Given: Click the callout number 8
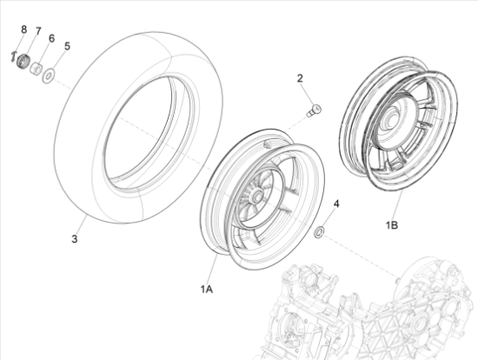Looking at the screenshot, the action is [24, 30].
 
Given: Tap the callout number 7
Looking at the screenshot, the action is [38, 31].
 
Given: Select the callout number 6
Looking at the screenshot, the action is [51, 38].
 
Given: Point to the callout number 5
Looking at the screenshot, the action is [67, 46].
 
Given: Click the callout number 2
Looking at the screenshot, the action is [300, 78].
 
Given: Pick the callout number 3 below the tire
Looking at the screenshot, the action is [75, 239].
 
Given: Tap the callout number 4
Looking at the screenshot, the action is [336, 203].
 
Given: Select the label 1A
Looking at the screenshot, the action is [206, 289].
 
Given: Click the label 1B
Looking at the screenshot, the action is [392, 225].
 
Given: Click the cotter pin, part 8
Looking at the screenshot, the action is [13, 57].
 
